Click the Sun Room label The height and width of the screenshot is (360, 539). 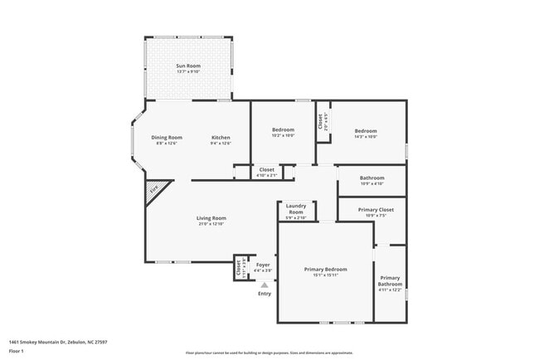tap(189, 66)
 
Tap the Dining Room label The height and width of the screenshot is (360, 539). tap(166, 137)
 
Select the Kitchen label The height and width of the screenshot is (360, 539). tap(221, 137)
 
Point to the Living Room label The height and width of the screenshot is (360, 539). tap(212, 218)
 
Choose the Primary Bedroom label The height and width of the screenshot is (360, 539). tap(325, 269)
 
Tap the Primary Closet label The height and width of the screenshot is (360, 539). tap(376, 209)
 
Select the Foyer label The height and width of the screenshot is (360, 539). tap(263, 265)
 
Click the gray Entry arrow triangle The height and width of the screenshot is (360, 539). tap(265, 285)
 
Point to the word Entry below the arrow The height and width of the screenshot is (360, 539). tap(265, 294)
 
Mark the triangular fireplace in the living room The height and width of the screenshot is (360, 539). tap(155, 190)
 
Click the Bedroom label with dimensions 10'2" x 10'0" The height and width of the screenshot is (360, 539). tap(284, 131)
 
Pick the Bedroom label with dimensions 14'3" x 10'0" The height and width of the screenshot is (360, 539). tap(366, 131)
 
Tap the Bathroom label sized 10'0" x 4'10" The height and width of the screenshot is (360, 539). tap(371, 178)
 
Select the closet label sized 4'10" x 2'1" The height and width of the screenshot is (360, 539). tap(267, 169)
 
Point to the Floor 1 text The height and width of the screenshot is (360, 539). tap(17, 351)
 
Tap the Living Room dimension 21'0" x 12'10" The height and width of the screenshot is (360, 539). tap(212, 224)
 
